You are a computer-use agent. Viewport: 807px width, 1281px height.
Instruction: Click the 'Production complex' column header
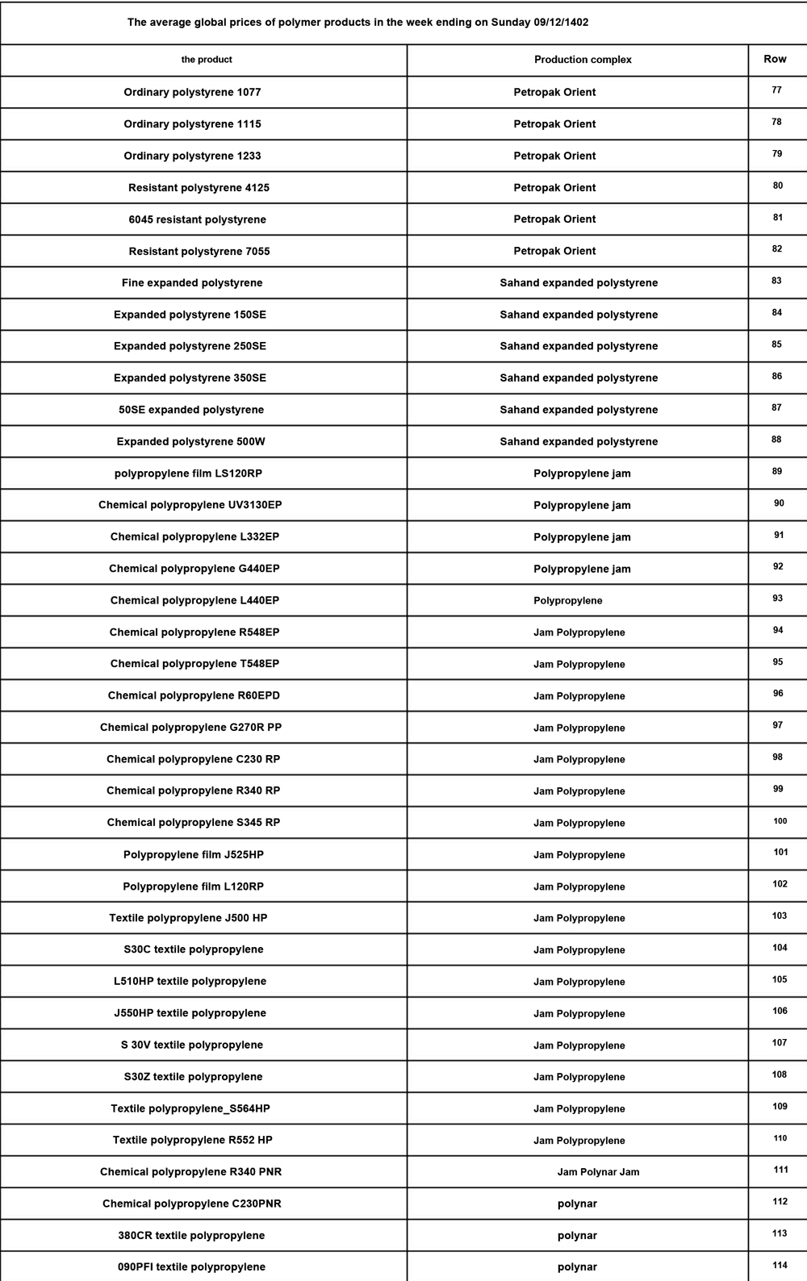[583, 60]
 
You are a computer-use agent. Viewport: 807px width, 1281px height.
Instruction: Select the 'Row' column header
[775, 59]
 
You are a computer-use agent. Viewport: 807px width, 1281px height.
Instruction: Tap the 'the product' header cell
[207, 60]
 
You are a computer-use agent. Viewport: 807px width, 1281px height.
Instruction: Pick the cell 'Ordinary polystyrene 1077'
[192, 92]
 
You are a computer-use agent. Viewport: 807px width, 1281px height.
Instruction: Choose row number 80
[777, 186]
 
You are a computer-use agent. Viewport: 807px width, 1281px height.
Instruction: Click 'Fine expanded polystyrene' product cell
[192, 283]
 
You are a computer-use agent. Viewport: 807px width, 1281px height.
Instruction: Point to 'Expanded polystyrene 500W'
[190, 441]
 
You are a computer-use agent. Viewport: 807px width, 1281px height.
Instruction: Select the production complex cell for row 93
[567, 601]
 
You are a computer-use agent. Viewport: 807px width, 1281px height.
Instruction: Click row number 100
[780, 821]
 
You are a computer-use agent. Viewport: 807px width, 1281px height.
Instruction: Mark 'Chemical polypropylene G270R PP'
[190, 728]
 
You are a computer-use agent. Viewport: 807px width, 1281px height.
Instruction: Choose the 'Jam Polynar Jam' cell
[598, 1172]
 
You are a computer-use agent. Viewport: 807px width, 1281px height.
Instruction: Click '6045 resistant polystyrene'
[197, 219]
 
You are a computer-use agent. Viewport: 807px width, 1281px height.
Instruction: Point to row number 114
[780, 1266]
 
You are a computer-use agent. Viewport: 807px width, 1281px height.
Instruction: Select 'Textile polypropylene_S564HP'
[190, 1108]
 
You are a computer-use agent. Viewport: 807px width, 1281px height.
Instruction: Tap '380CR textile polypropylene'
[191, 1236]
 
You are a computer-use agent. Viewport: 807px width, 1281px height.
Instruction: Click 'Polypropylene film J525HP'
[194, 854]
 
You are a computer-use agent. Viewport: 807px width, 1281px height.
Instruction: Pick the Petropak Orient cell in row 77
[554, 92]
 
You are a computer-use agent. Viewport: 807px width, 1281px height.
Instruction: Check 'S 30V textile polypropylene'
[192, 1045]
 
